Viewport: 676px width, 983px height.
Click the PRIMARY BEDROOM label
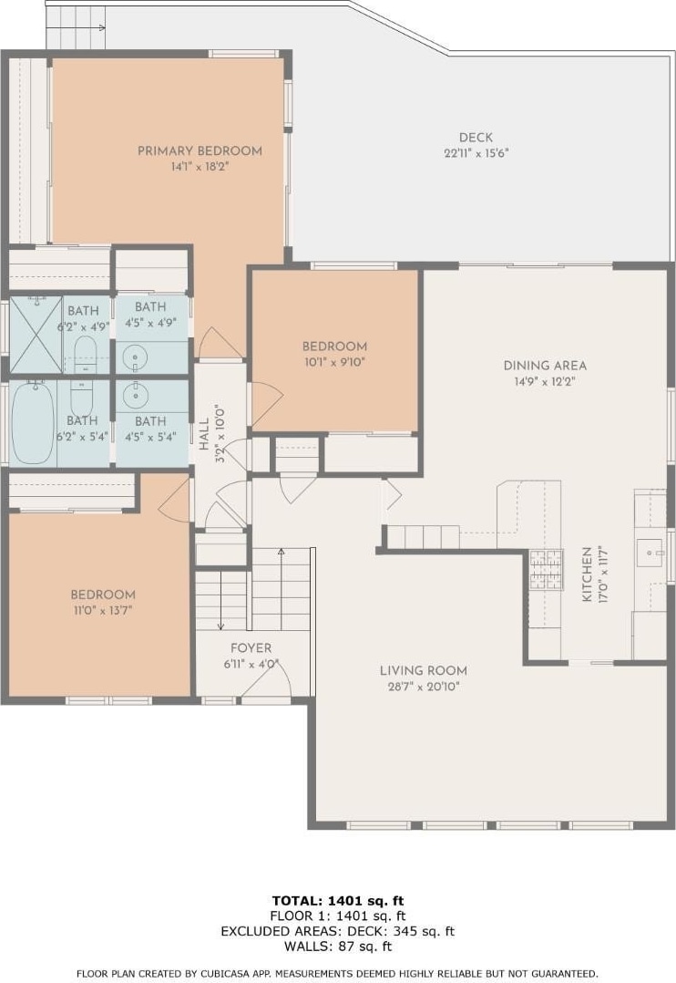tap(200, 150)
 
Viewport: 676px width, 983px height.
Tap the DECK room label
tap(476, 138)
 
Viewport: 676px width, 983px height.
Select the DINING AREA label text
tap(545, 366)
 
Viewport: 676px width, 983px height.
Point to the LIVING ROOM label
tap(424, 671)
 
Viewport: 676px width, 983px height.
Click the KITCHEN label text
tap(587, 574)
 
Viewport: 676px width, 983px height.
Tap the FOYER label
tap(251, 648)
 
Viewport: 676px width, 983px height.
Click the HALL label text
tap(204, 435)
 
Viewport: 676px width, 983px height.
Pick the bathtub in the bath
tap(33, 421)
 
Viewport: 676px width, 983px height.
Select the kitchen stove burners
tap(547, 569)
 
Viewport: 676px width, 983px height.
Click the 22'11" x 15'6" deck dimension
tap(476, 153)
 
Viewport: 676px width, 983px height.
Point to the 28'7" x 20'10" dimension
tap(424, 687)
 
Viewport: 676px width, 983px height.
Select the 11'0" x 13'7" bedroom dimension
tap(103, 611)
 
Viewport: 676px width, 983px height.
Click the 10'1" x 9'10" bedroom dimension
tap(334, 362)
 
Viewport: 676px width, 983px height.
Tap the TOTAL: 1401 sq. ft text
tap(338, 901)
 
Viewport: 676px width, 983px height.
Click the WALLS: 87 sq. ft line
tap(338, 947)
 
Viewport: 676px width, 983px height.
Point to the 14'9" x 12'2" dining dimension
tap(545, 381)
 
